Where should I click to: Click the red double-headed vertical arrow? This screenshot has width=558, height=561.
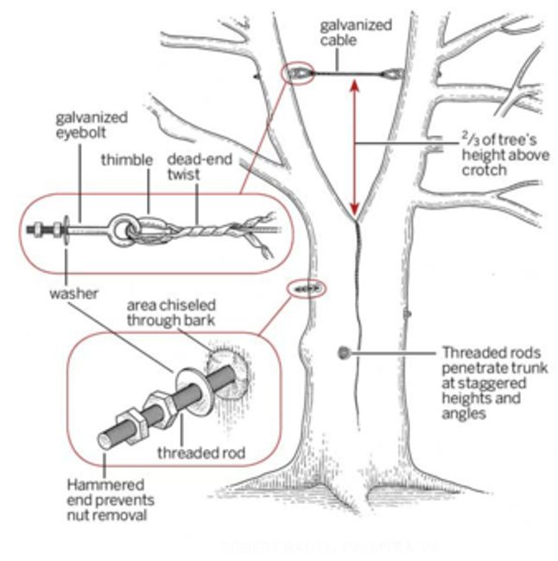354,147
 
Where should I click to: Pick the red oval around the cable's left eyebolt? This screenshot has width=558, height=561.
299,74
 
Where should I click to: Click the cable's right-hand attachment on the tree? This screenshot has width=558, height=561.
394,76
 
